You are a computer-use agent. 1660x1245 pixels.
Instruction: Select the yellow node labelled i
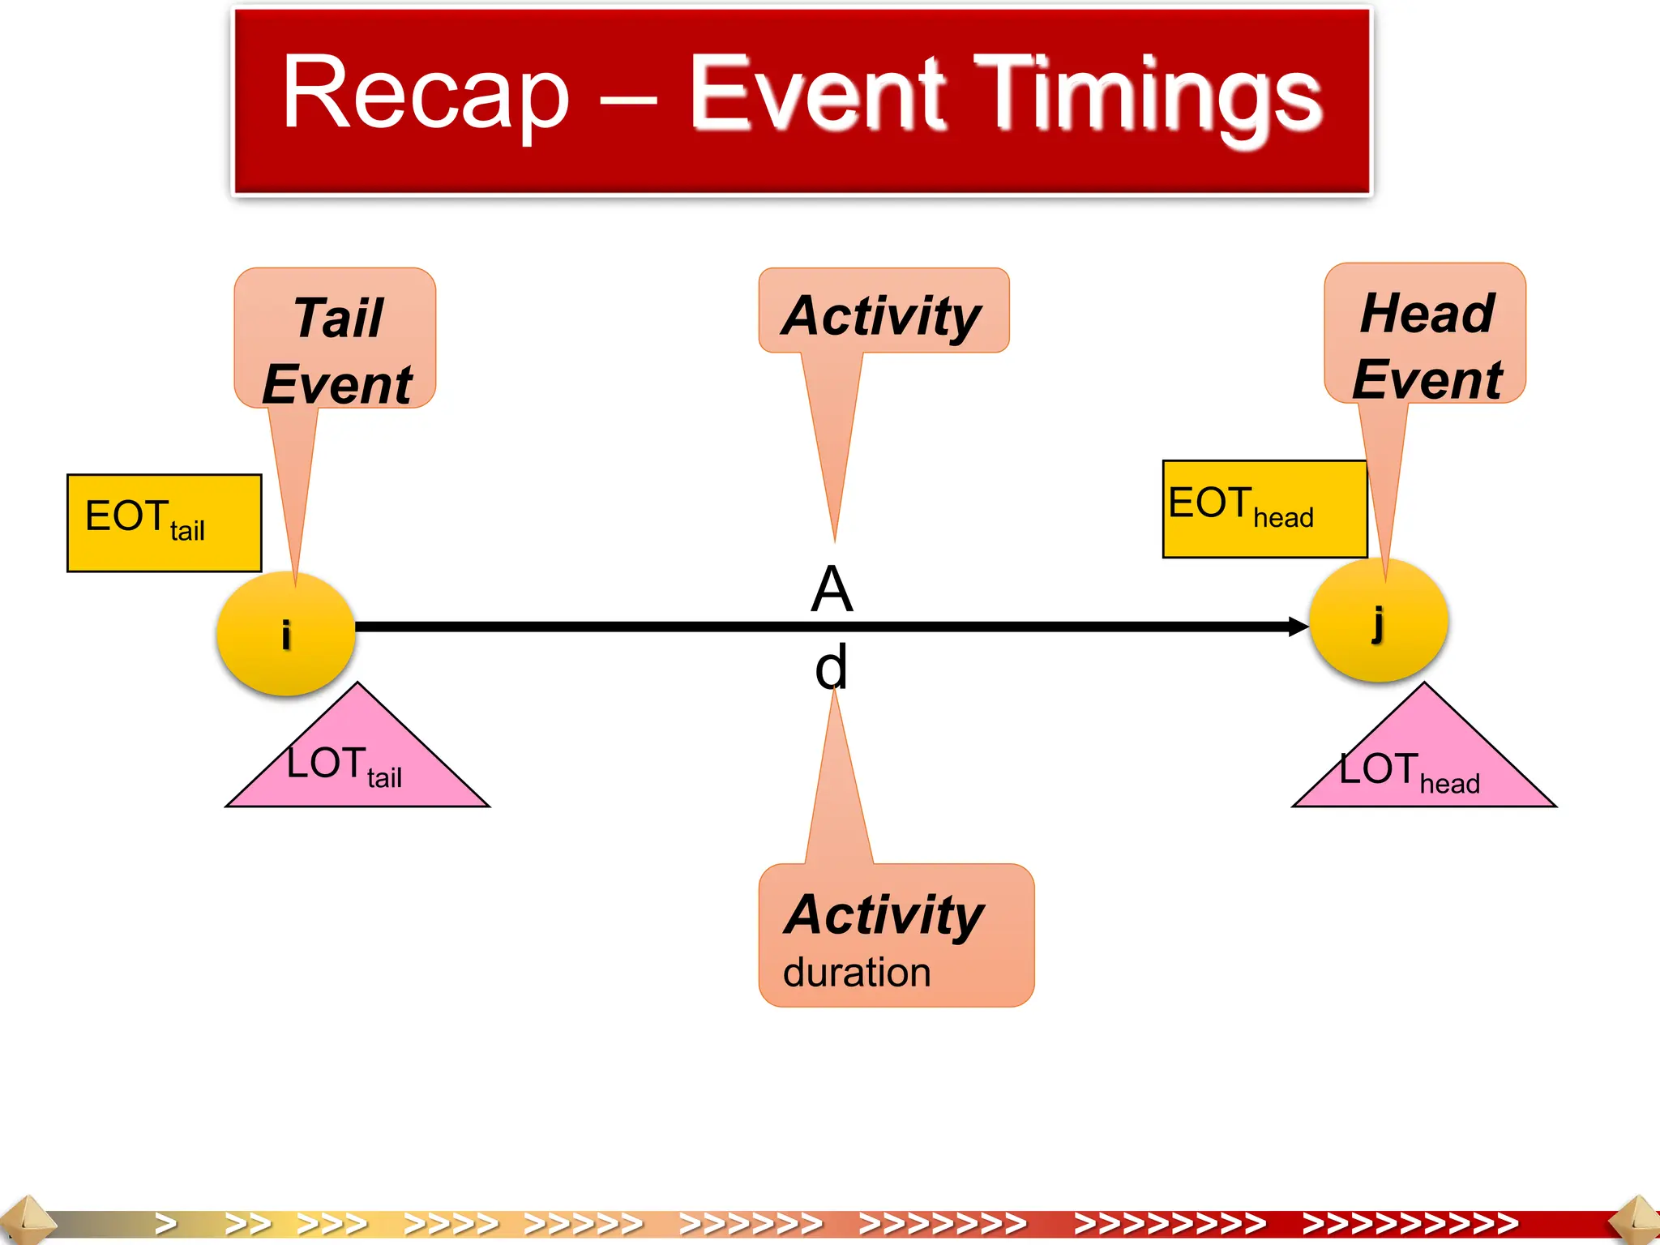click(285, 633)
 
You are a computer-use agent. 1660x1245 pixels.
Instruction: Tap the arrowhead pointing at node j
click(1298, 626)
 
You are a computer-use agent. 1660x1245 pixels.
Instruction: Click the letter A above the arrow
click(832, 589)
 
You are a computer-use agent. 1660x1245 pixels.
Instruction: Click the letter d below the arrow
click(832, 666)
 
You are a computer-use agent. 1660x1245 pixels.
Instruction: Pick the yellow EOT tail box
click(164, 523)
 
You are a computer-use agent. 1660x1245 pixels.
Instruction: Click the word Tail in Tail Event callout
click(338, 318)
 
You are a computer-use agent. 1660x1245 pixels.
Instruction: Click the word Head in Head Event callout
click(1427, 313)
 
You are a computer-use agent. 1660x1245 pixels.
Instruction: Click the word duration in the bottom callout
click(857, 972)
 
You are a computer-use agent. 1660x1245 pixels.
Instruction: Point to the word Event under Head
click(1427, 379)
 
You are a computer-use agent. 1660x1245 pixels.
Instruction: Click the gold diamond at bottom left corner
click(24, 1221)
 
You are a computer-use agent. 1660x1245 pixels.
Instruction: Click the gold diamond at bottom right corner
click(1636, 1221)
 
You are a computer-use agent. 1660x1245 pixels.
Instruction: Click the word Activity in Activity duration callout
click(883, 914)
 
